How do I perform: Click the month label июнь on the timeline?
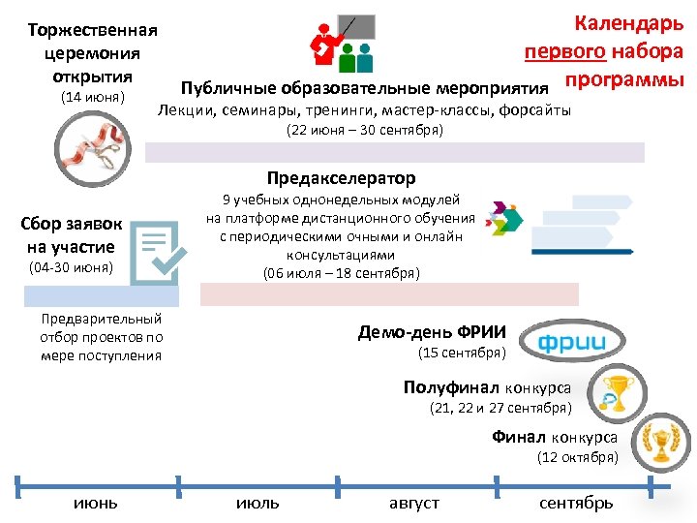pyautogui.click(x=96, y=503)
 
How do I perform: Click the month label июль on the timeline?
pyautogui.click(x=258, y=503)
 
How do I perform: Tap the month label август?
pyautogui.click(x=414, y=503)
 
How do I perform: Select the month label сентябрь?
pyautogui.click(x=576, y=503)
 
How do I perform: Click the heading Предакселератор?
pyautogui.click(x=341, y=178)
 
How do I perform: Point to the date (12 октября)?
pyautogui.click(x=578, y=457)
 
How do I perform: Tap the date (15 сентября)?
pyautogui.click(x=463, y=353)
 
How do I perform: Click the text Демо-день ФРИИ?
pyautogui.click(x=439, y=332)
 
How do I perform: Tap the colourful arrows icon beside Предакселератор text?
pyautogui.click(x=504, y=221)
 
